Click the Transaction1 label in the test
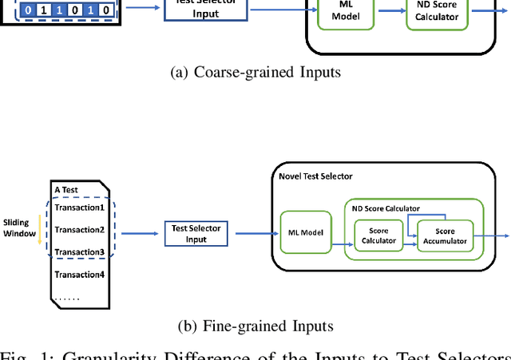tap(79, 208)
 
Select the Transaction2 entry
tap(79, 230)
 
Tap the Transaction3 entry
tap(79, 252)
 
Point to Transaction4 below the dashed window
tap(79, 275)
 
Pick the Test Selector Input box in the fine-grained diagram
tap(196, 233)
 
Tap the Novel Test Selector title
tap(315, 176)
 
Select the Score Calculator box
tap(379, 235)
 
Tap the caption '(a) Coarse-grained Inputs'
tap(255, 73)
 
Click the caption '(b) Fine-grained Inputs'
tap(255, 326)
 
